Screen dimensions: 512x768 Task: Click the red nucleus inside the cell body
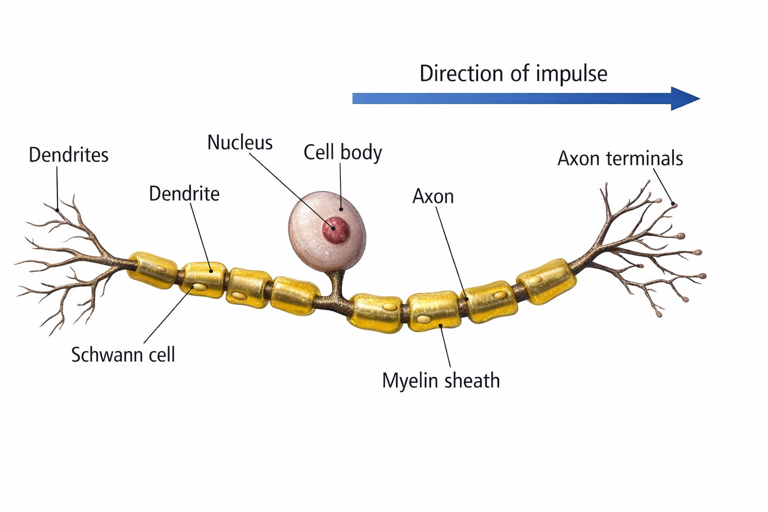(335, 230)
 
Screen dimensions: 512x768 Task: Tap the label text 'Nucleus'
(240, 143)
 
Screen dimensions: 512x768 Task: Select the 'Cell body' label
(342, 152)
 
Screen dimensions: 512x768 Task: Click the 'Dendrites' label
(68, 155)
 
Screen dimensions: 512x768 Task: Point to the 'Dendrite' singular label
(184, 194)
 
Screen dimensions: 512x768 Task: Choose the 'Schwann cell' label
(123, 355)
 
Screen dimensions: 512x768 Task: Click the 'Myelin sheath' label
(440, 381)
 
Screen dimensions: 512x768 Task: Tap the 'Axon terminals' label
(620, 158)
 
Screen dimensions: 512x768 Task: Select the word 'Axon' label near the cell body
(433, 196)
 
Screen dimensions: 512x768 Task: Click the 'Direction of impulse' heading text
(513, 73)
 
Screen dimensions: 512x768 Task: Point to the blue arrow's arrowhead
(685, 98)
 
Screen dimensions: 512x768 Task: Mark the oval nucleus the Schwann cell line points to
(199, 287)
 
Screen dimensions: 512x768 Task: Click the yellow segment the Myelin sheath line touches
(434, 312)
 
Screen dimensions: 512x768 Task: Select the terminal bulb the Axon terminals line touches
(674, 204)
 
